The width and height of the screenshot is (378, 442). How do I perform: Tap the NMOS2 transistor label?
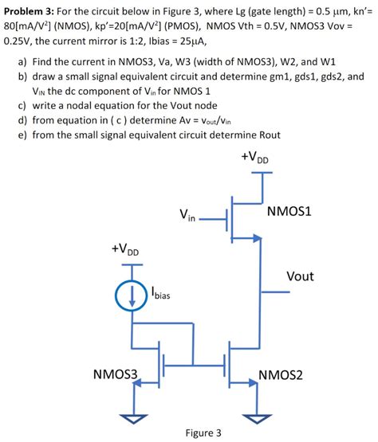pyautogui.click(x=281, y=374)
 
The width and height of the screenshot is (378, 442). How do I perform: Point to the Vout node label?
pyautogui.click(x=300, y=276)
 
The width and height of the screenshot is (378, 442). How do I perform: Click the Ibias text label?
pyautogui.click(x=159, y=296)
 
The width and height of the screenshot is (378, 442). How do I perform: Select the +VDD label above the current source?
pyautogui.click(x=125, y=250)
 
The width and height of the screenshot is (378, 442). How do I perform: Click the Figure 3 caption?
pyautogui.click(x=203, y=433)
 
